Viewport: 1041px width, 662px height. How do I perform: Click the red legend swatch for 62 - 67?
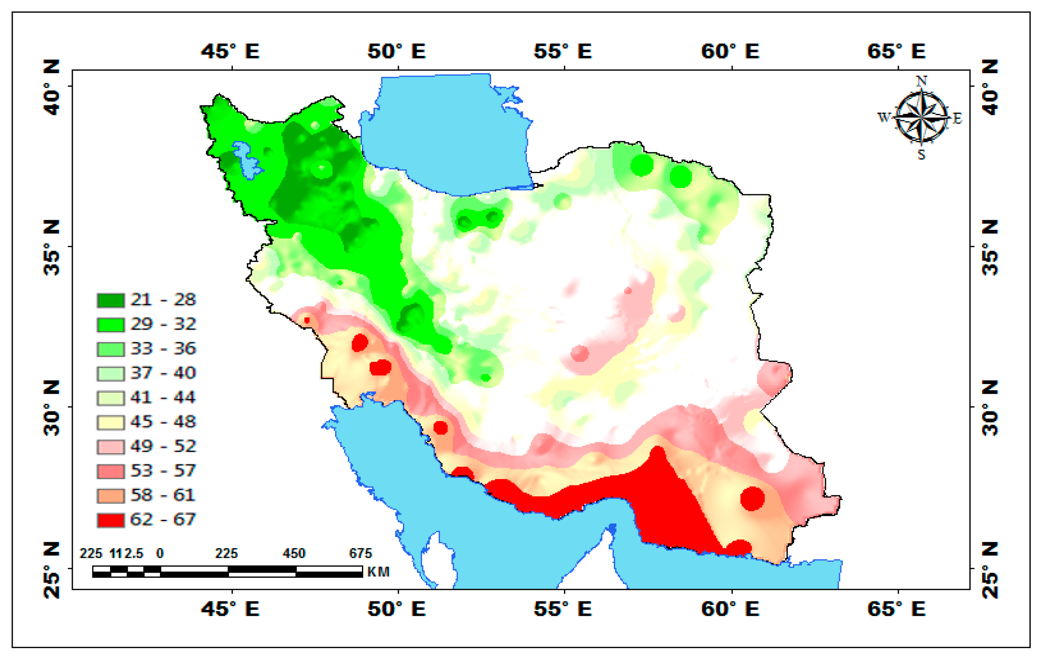click(x=110, y=520)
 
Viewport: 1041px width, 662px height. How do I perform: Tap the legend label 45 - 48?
click(x=163, y=422)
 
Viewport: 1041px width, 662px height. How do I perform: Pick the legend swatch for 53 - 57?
click(x=110, y=471)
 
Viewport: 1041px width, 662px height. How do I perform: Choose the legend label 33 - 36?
click(x=163, y=349)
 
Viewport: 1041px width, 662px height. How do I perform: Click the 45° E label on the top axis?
click(x=230, y=51)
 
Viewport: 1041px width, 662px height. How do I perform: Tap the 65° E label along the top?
click(x=896, y=51)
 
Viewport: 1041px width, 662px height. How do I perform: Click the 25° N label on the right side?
click(x=990, y=570)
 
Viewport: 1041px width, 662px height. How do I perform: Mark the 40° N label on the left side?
click(x=52, y=88)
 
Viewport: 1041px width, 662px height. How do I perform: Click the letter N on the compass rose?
click(x=921, y=81)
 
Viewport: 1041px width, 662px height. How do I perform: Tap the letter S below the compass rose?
click(x=921, y=154)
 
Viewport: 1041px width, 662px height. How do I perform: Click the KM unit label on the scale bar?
click(x=378, y=572)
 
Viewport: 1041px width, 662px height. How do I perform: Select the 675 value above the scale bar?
click(x=360, y=554)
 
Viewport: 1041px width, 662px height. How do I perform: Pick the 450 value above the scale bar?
click(x=294, y=554)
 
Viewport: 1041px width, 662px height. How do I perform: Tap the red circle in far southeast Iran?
click(x=752, y=498)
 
